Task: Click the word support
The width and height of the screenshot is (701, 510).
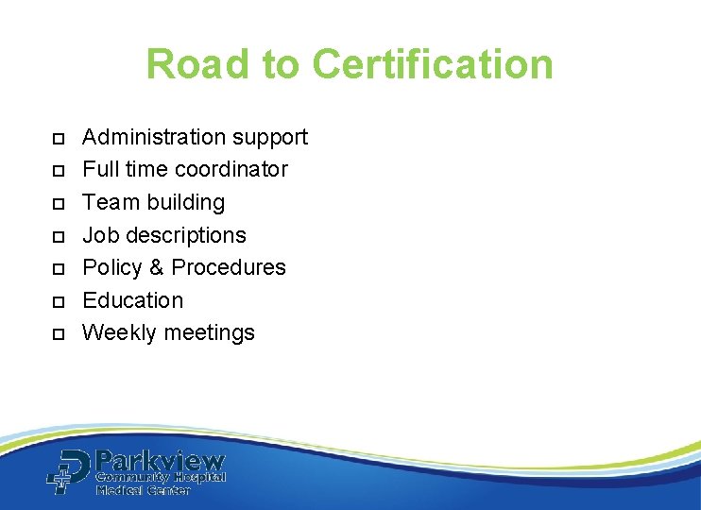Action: pos(269,138)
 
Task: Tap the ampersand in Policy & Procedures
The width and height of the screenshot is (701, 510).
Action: pos(156,267)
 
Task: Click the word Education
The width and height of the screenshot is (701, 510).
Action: pos(133,300)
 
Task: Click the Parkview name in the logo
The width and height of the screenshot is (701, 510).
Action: pos(160,462)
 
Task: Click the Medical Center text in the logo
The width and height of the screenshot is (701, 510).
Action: pos(142,490)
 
